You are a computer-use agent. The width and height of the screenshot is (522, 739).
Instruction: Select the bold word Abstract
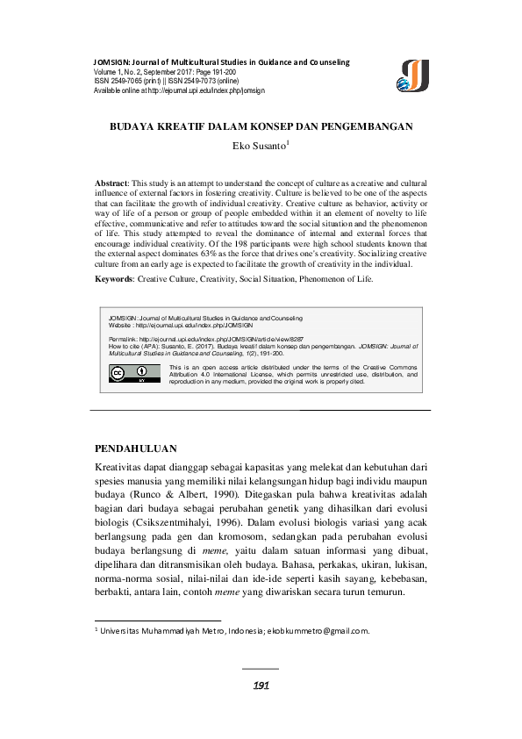[112, 180]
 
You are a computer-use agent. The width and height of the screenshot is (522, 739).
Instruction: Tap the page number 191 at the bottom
[261, 685]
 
